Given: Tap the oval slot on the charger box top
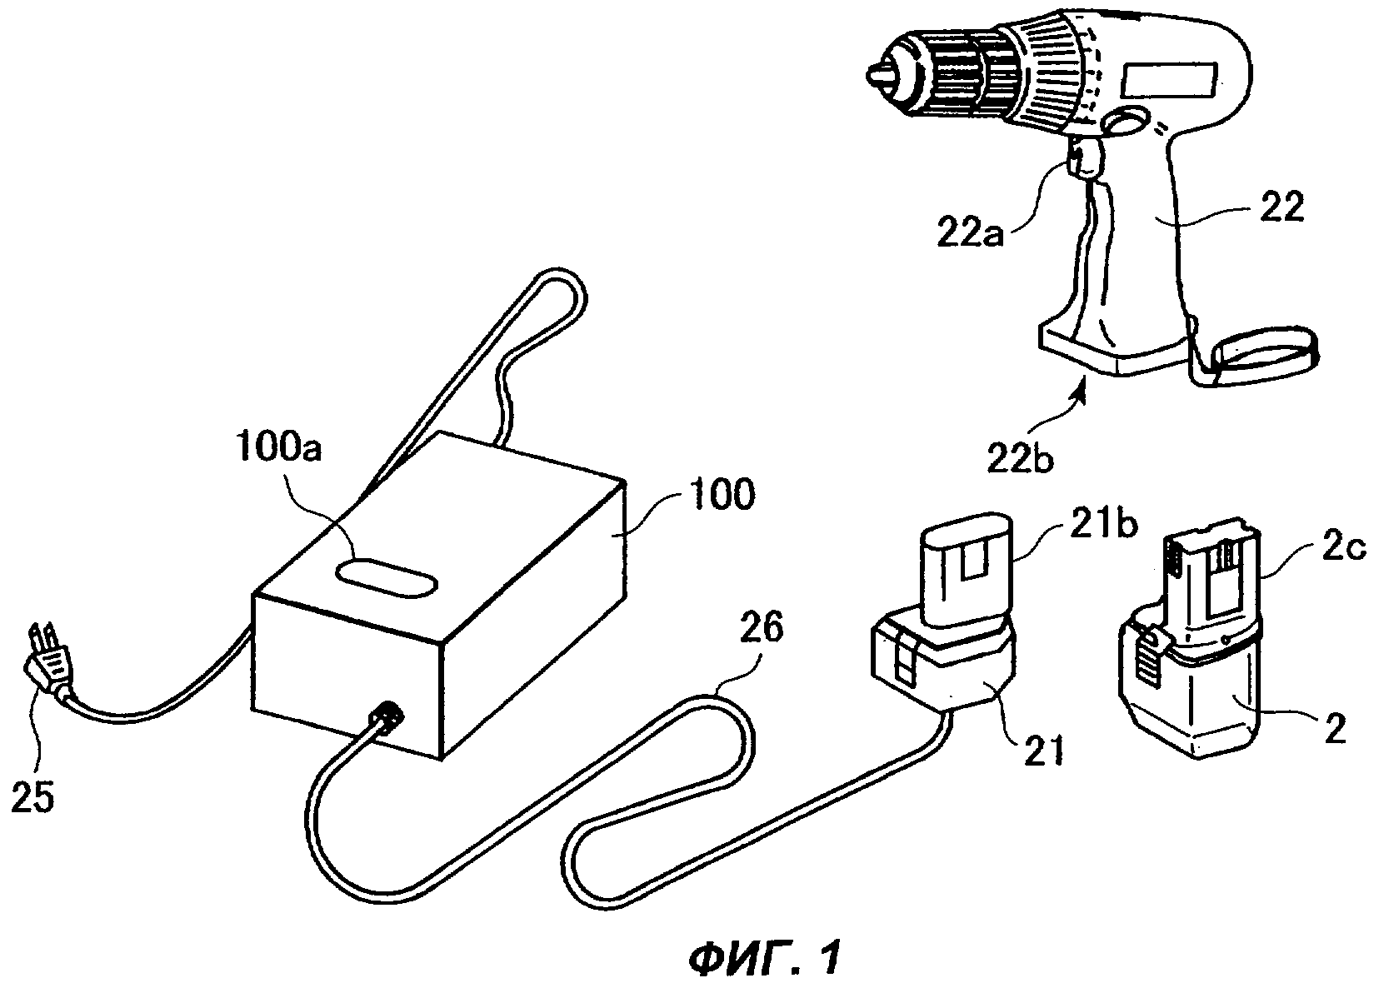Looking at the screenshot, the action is pyautogui.click(x=387, y=579).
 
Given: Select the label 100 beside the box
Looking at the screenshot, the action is pyautogui.click(x=722, y=494).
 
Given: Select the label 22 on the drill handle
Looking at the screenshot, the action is pyautogui.click(x=1282, y=207).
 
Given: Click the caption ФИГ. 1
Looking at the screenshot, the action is pyautogui.click(x=763, y=959).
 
